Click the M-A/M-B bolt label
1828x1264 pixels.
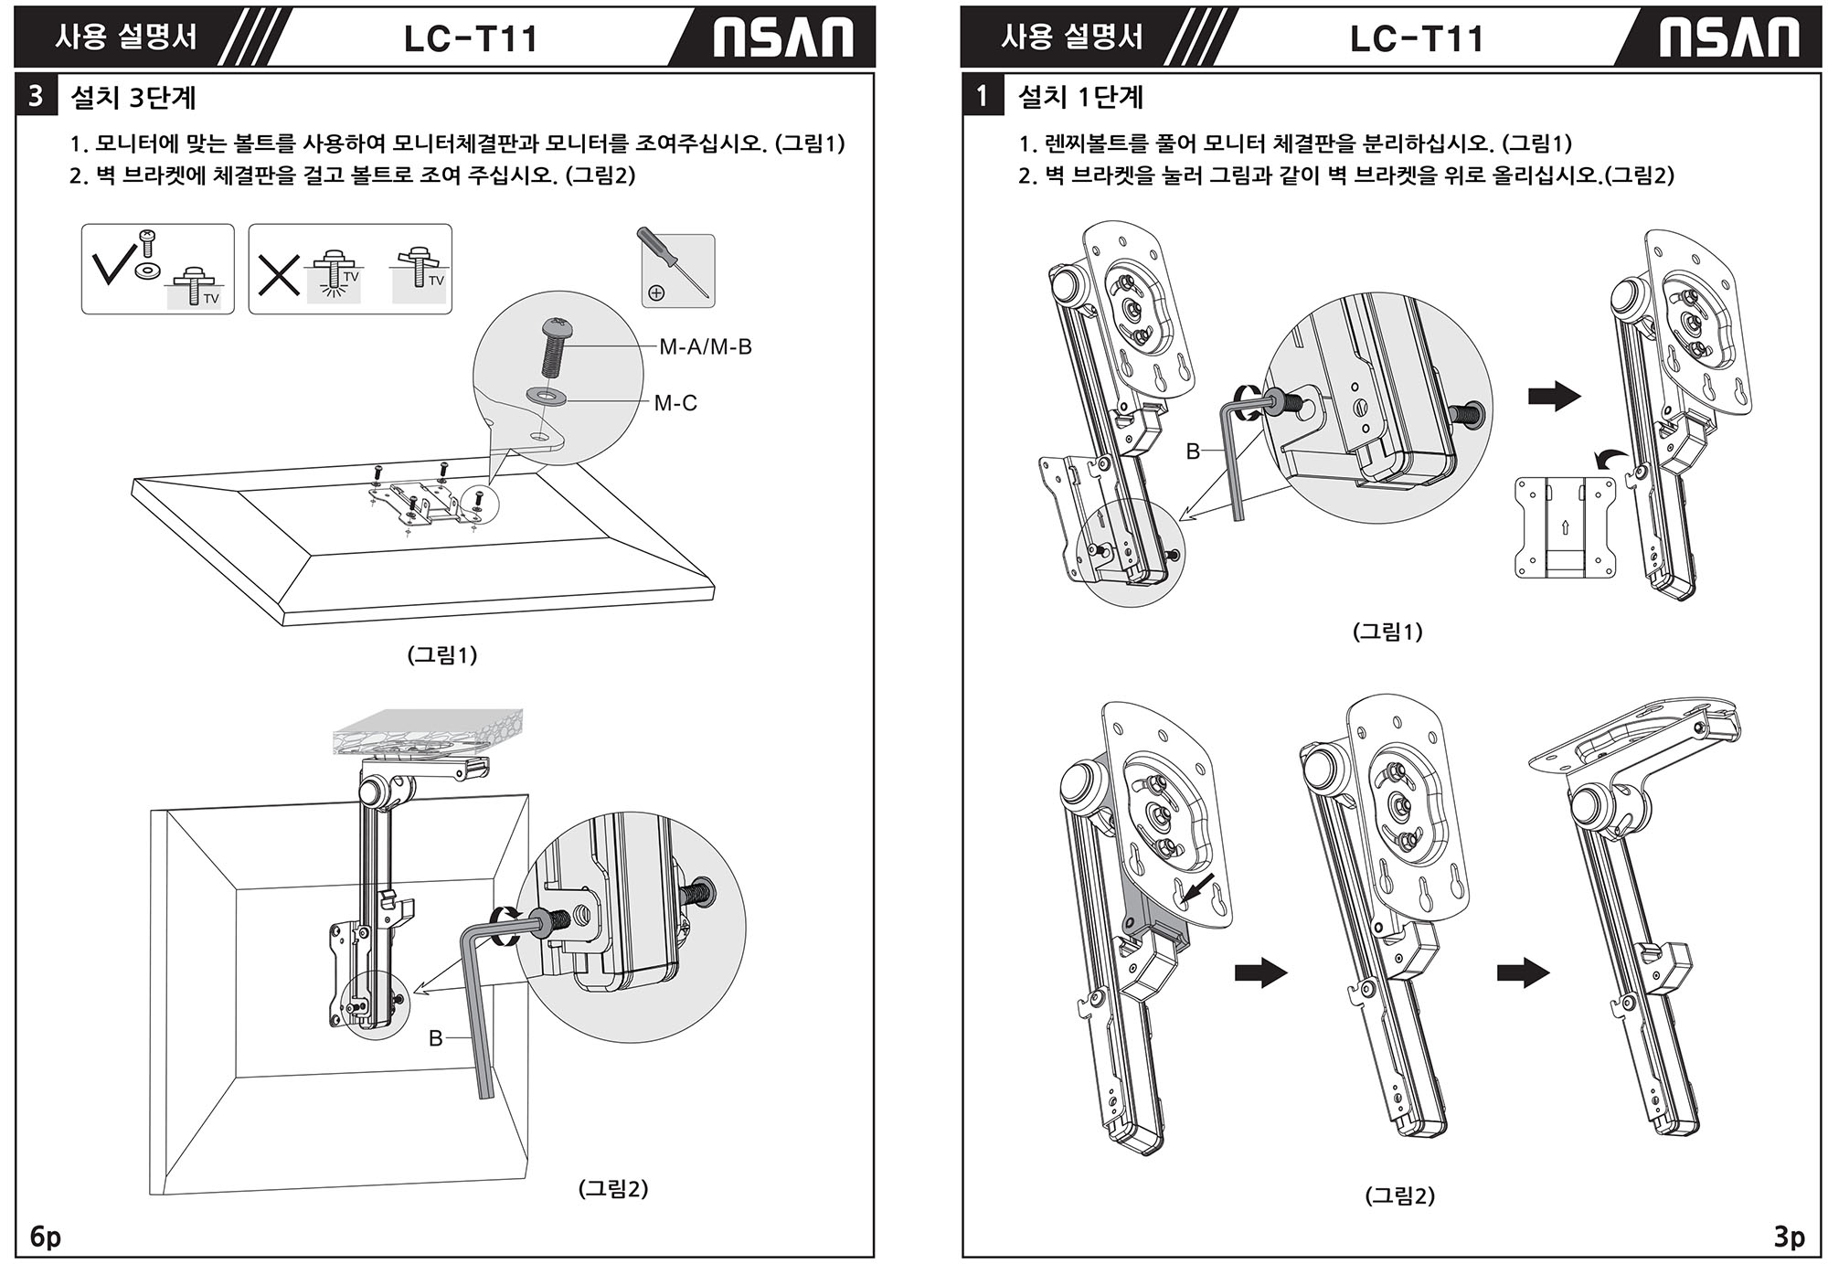point(705,347)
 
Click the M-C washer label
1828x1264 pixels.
point(675,403)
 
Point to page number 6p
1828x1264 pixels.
point(45,1237)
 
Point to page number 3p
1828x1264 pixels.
point(1789,1237)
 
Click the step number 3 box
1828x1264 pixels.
point(36,97)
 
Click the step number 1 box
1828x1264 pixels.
point(982,97)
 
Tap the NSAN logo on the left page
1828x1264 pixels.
point(782,38)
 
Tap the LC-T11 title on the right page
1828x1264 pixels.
point(1416,38)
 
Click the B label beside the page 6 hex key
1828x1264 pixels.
point(436,1039)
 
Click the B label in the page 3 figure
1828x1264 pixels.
point(1193,451)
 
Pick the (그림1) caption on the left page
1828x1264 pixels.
point(441,654)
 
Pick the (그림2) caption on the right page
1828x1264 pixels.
point(1399,1195)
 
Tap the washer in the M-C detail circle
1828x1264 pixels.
point(546,396)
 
